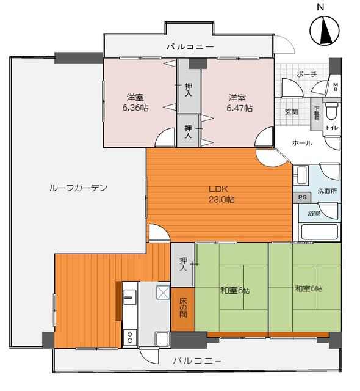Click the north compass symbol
pos(324,31)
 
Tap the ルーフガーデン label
pos(79,188)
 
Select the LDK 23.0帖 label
pos(221,194)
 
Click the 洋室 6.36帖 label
pos(135,103)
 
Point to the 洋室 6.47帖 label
pos(239,103)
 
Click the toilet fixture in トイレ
pos(332,111)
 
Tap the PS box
pos(302,197)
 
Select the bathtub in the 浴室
pos(319,232)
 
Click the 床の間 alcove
pos(183,310)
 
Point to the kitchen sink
pos(130,297)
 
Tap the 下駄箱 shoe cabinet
pos(317,114)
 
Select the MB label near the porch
pos(336,87)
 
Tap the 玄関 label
pos(291,112)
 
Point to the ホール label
pos(302,143)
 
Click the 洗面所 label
pos(327,191)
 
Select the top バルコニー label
pos(190,46)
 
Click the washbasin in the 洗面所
pos(301,175)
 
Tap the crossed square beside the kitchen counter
pos(163,293)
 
